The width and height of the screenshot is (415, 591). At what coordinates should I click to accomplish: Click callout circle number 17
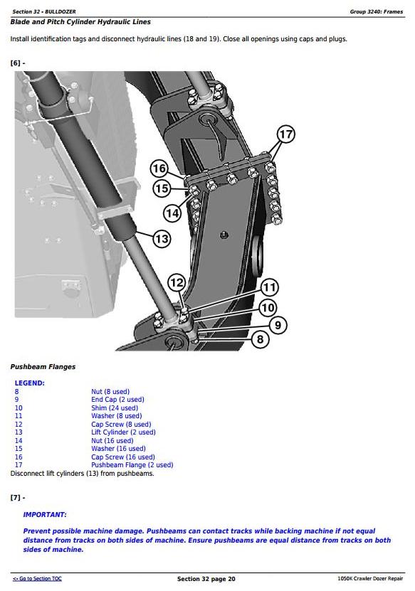tap(285, 134)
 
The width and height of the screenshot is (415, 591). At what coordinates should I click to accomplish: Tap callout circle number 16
tap(159, 168)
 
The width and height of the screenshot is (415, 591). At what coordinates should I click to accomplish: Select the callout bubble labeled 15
tap(162, 188)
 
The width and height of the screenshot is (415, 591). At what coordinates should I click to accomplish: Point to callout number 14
tap(172, 213)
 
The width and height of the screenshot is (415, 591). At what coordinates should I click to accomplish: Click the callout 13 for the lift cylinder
tap(162, 238)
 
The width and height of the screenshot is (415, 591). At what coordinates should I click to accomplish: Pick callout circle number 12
tap(177, 282)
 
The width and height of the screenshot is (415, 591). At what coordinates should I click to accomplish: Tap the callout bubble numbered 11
tap(269, 287)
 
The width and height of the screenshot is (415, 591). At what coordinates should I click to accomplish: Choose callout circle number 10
tap(268, 307)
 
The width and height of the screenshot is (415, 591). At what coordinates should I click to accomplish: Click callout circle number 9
tap(278, 325)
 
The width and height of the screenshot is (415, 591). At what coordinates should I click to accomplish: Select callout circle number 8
tap(261, 339)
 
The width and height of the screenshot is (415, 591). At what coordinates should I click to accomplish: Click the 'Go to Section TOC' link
tap(37, 579)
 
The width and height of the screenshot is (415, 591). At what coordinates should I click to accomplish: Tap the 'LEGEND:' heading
tap(29, 383)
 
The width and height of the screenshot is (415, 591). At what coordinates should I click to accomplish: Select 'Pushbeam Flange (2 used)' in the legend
tap(132, 464)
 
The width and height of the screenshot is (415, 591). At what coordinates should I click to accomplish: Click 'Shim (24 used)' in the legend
tap(115, 408)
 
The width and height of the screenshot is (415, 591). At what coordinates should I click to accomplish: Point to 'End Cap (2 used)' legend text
tap(117, 400)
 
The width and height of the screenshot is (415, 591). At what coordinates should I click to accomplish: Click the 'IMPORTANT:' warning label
tap(45, 514)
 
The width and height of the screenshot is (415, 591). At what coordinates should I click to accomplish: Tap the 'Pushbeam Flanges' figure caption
tap(43, 367)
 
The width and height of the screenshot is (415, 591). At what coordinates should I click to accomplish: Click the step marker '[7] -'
tap(18, 498)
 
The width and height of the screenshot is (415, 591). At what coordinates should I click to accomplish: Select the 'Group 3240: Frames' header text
tap(377, 11)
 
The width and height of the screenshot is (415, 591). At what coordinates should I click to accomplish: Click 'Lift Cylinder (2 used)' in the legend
tap(123, 432)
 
